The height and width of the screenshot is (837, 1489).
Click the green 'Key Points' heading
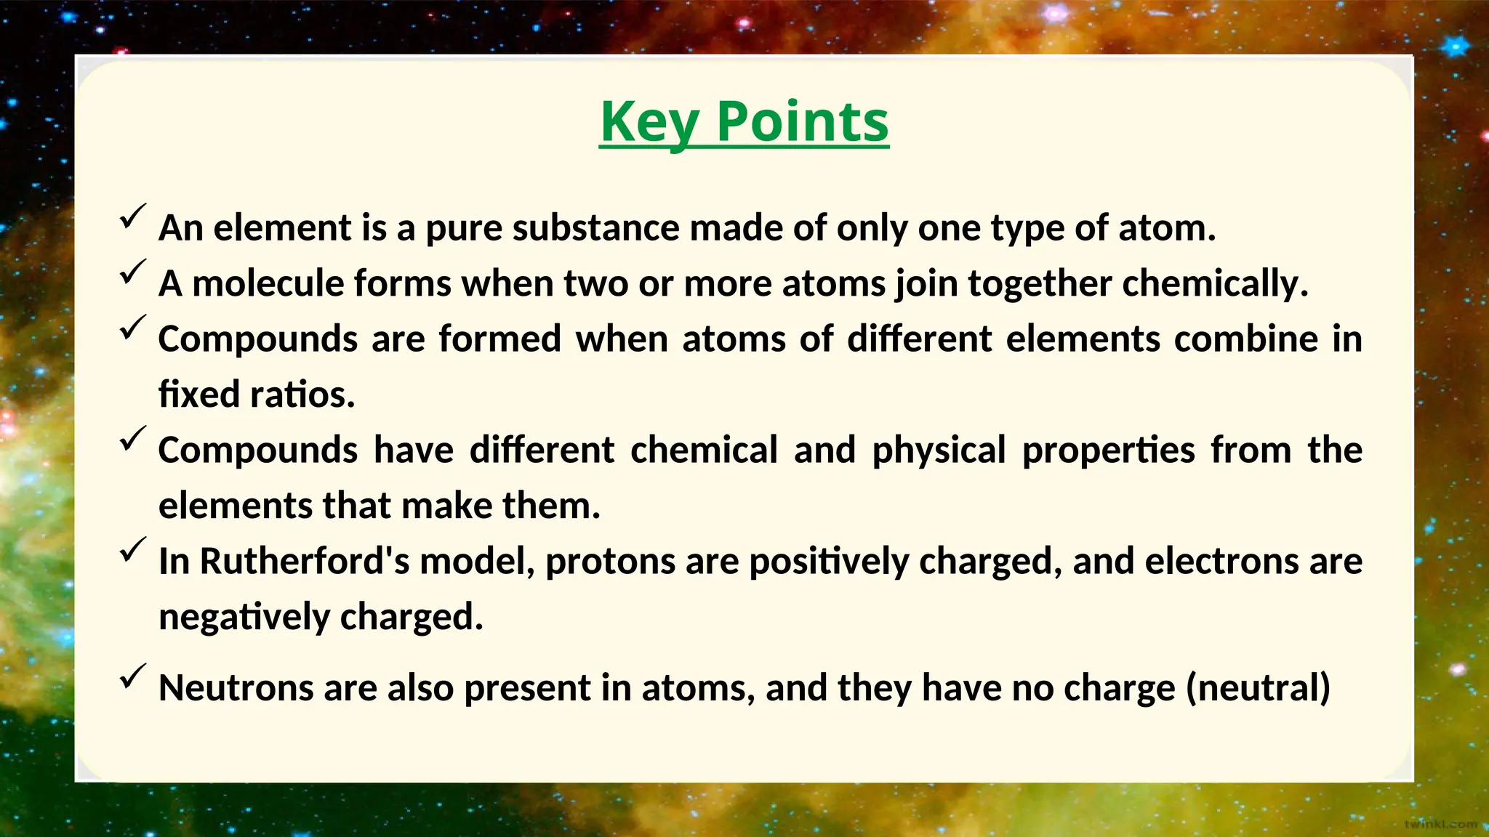point(744,121)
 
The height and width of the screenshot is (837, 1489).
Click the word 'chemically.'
point(1215,283)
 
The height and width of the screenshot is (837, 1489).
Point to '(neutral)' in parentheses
point(1258,688)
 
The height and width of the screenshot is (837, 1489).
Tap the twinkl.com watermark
point(1440,824)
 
